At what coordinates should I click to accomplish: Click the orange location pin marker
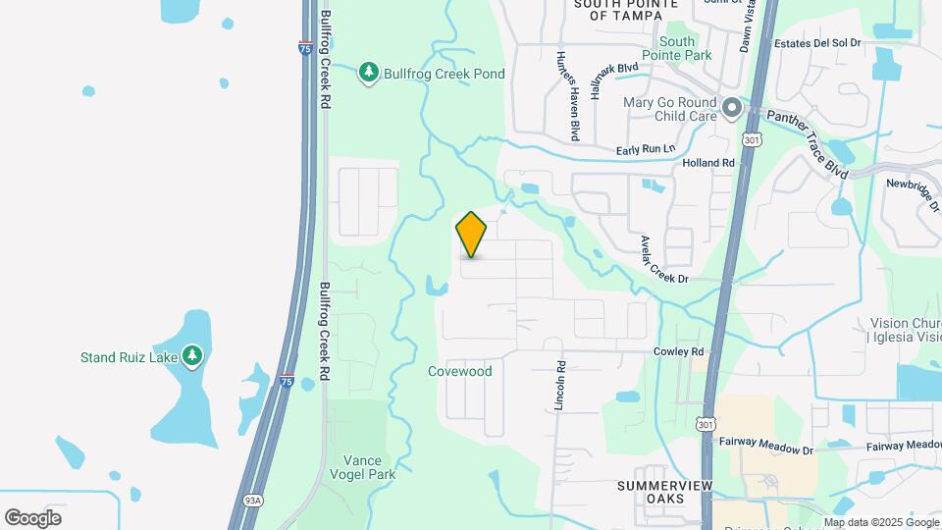tap(471, 234)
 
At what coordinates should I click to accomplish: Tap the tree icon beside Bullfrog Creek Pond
tap(369, 73)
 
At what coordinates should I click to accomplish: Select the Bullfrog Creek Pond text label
tap(444, 74)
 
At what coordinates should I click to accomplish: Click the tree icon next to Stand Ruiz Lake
tap(193, 354)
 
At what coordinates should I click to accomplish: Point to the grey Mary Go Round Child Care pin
tap(731, 108)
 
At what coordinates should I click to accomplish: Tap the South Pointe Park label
tap(677, 48)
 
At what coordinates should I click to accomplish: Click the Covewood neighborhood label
tap(459, 372)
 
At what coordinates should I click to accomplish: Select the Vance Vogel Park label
tap(369, 467)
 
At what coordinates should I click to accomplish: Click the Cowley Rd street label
tap(679, 351)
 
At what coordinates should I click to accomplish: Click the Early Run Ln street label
tap(646, 149)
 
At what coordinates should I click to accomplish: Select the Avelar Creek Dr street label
tap(662, 259)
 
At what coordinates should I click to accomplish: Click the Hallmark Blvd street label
tap(614, 79)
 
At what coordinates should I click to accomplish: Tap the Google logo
tap(33, 517)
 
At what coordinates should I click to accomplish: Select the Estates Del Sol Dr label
tap(816, 43)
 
